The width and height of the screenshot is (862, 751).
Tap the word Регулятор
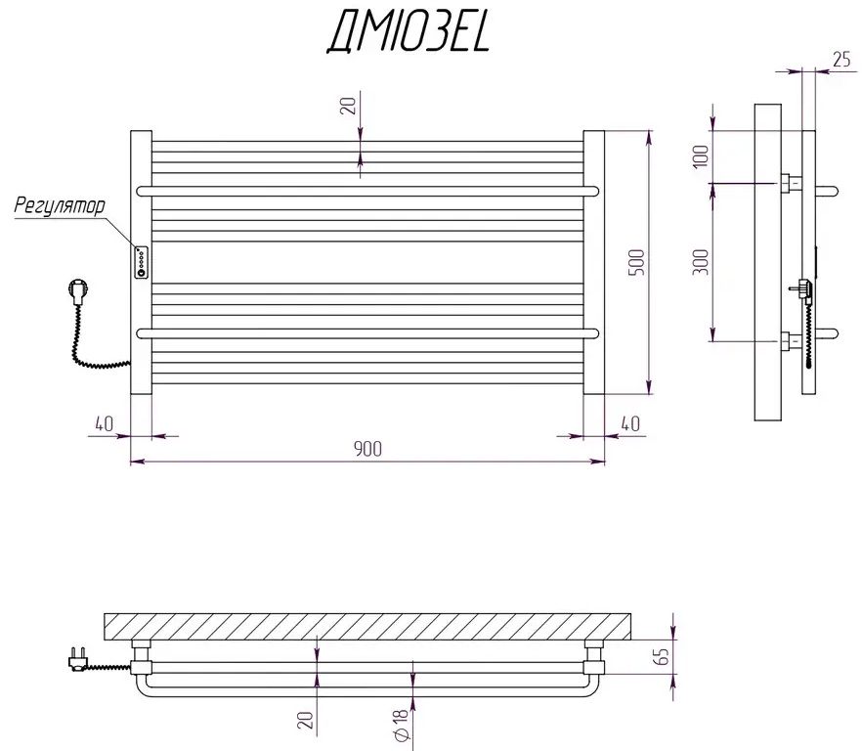(59, 206)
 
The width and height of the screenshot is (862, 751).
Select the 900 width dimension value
(366, 448)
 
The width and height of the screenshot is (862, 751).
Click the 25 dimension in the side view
(840, 60)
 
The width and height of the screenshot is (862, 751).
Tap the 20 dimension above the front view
(347, 106)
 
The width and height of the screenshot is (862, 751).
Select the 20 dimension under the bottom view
(306, 721)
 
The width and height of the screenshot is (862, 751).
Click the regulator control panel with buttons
(142, 261)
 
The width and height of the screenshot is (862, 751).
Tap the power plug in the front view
(75, 290)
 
